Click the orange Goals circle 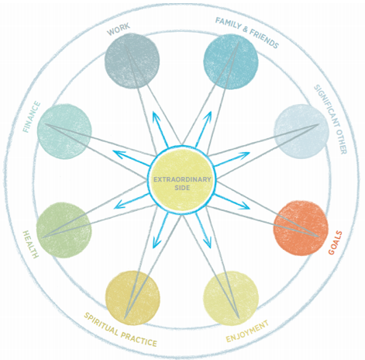(x=301, y=228)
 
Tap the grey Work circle (x=132, y=61)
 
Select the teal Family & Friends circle (x=231, y=61)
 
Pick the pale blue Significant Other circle (x=301, y=131)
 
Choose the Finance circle (x=64, y=131)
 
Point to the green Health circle (x=64, y=230)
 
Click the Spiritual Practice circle (x=133, y=298)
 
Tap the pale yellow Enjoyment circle (x=231, y=298)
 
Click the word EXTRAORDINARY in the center (x=182, y=179)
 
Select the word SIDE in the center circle (x=182, y=188)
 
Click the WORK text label (x=119, y=29)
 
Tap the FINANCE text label (x=32, y=117)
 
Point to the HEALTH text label (x=31, y=244)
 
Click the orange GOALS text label (x=335, y=243)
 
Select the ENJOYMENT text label (x=247, y=331)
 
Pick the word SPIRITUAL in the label (x=102, y=324)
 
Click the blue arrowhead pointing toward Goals (x=244, y=206)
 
